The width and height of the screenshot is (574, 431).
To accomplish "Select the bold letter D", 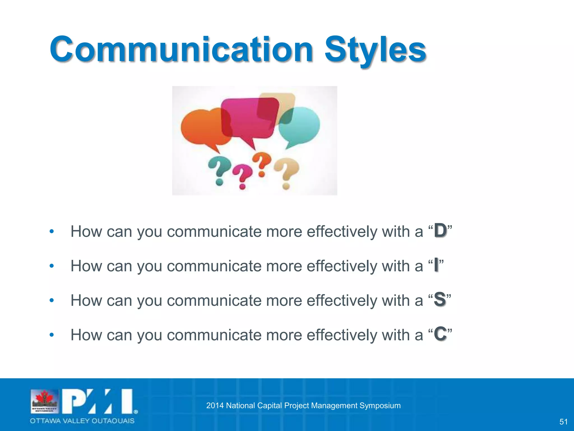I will (440, 231).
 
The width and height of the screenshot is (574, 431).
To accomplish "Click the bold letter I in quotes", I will (436, 265).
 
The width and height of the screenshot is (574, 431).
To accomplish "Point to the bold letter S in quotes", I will (439, 299).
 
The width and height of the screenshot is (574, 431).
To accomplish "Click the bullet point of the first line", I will (51, 232).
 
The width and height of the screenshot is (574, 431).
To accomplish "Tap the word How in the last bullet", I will (85, 335).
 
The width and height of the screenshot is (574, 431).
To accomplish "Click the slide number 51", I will (563, 421).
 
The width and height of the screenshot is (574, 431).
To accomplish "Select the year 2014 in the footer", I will (215, 405).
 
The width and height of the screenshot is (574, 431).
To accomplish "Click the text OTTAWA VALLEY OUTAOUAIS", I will (82, 421).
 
